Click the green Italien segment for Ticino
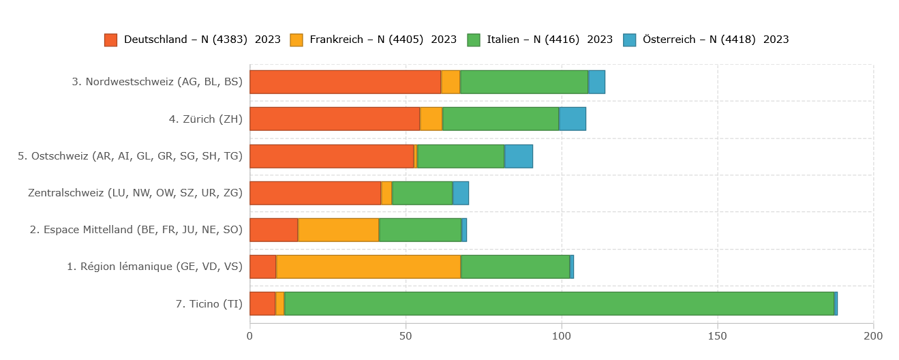pyautogui.click(x=559, y=303)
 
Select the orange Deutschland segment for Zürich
pyautogui.click(x=335, y=119)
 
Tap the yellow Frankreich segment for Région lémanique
pyautogui.click(x=368, y=267)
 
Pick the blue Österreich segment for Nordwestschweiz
pyautogui.click(x=596, y=82)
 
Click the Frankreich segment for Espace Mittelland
pyautogui.click(x=338, y=230)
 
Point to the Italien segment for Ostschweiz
pyautogui.click(x=461, y=156)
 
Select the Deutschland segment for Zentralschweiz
pyautogui.click(x=315, y=193)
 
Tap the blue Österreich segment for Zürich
pyautogui.click(x=573, y=119)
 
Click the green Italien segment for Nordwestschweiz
pyautogui.click(x=524, y=82)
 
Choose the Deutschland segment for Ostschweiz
pyautogui.click(x=331, y=156)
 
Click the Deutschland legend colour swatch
pyautogui.click(x=110, y=40)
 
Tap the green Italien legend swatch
pyautogui.click(x=474, y=40)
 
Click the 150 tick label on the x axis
pyautogui.click(x=718, y=335)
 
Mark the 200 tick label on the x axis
pyautogui.click(x=873, y=335)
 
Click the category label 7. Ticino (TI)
pyautogui.click(x=209, y=304)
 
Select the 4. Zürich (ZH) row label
pyautogui.click(x=206, y=119)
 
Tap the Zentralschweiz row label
pyautogui.click(x=135, y=193)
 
